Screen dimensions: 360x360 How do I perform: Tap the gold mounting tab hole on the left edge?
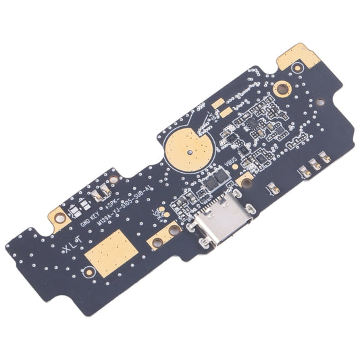pos(59,218)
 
